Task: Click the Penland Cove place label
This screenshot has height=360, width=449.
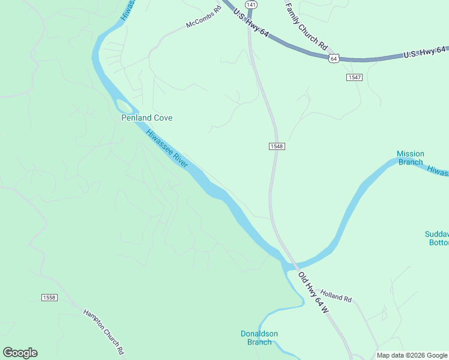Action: point(146,118)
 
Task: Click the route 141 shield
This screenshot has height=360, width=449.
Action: point(251,4)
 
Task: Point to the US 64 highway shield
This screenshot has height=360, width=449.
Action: point(334,58)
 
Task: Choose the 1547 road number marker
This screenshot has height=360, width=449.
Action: point(354,77)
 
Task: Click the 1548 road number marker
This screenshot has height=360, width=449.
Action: point(276,146)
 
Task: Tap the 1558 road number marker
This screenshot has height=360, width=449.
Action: point(49,298)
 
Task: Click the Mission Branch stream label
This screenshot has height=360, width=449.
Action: point(410,158)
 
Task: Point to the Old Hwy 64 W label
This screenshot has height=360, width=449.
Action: point(313,292)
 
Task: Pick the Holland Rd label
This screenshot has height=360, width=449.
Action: point(336,296)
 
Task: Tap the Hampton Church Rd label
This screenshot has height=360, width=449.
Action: point(103,331)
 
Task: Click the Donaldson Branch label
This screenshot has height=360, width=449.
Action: point(259,338)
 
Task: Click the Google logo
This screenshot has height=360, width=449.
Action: point(20,353)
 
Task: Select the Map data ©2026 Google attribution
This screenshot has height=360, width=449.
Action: point(412,355)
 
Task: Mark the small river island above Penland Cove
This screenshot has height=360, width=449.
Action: point(125,107)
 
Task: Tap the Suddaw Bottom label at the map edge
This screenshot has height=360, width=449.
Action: point(436,238)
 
